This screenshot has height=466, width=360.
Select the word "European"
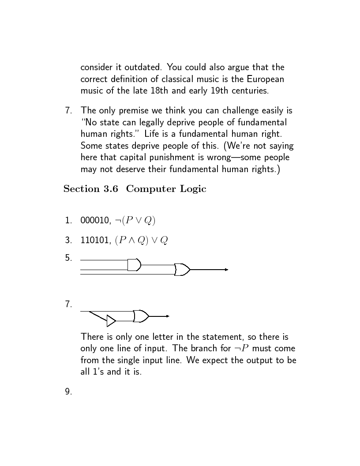pos(266,79)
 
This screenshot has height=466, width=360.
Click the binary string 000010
pos(93,220)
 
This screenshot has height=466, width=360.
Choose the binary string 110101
pos(93,241)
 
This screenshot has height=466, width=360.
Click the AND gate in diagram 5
pos(134,265)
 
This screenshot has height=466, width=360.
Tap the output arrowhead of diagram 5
pos(226,269)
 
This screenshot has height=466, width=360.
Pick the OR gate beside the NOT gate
pos(141,316)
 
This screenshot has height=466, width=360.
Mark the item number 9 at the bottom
pos(68,391)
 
